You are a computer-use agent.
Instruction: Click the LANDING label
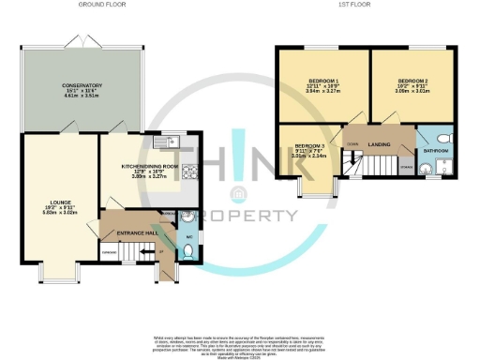(380, 143)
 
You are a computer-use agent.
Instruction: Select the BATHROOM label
(436, 149)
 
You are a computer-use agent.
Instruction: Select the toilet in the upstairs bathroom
(444, 137)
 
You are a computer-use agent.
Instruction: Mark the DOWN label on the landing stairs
(352, 144)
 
